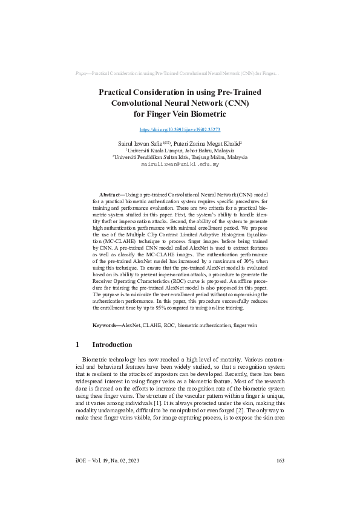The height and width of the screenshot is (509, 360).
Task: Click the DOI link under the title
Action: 180,129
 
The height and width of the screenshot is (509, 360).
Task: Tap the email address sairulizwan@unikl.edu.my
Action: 180,164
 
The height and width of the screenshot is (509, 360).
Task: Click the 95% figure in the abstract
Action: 163,308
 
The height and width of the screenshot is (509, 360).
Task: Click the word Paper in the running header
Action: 82,73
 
